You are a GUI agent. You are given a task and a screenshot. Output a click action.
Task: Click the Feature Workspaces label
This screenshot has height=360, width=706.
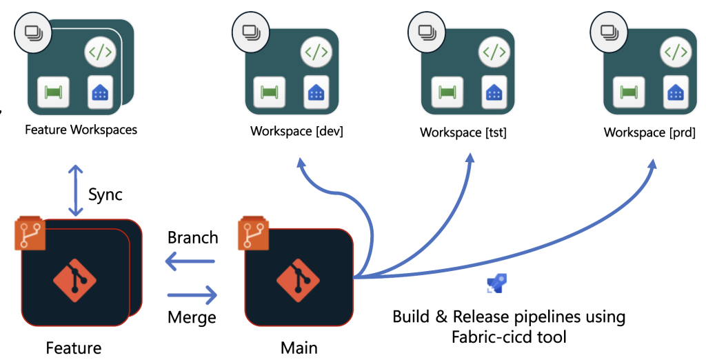(81, 129)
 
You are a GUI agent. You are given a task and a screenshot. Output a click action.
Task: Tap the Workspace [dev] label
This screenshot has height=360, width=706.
(296, 131)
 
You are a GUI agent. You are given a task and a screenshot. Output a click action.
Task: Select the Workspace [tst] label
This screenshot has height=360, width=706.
(463, 132)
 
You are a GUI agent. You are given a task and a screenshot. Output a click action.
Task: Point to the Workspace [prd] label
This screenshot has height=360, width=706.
(649, 132)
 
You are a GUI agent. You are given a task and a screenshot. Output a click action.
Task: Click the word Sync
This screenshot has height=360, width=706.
(105, 194)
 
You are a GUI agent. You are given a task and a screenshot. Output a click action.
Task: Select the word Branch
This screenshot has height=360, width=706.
(193, 238)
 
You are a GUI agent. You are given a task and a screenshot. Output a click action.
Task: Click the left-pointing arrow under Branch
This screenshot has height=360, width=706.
(192, 262)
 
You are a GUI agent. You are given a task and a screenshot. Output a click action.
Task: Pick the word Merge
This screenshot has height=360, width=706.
(192, 317)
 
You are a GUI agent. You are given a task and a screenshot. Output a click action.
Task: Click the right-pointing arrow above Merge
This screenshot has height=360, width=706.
(192, 295)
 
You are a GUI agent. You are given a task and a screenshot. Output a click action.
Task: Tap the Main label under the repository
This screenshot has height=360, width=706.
(299, 347)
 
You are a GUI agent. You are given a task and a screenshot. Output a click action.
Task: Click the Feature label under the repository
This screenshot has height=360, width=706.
(74, 348)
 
